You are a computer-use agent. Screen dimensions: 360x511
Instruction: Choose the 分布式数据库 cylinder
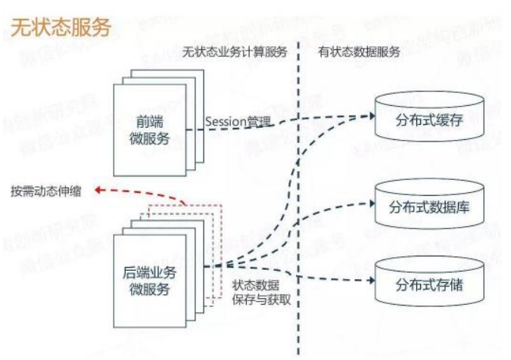[429, 204]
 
